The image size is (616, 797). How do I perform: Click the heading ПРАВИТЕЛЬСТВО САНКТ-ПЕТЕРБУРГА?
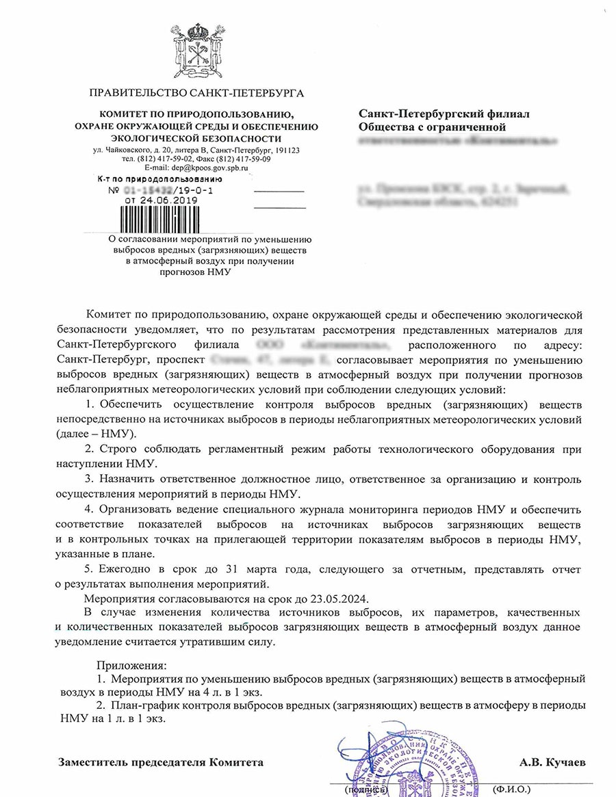click(x=196, y=93)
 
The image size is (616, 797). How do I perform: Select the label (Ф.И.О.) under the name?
click(x=511, y=789)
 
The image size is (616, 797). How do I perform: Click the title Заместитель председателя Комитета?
click(x=161, y=761)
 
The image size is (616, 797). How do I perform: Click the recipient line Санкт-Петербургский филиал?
click(x=444, y=114)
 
